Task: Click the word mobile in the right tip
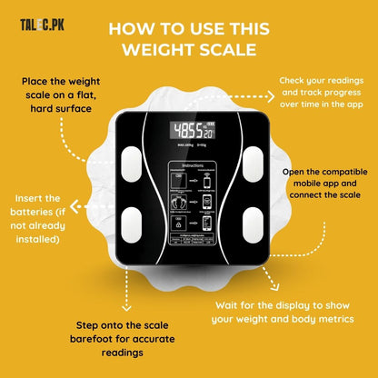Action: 293,183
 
